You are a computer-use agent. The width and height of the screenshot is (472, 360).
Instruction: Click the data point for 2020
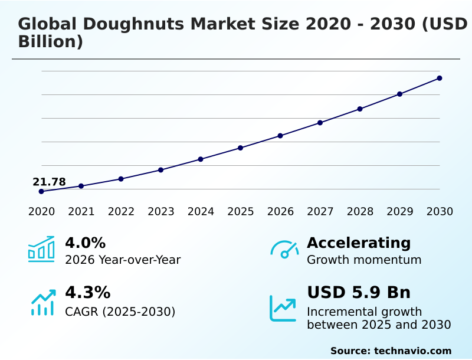point(41,191)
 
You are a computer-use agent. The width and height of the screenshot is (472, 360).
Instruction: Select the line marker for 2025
point(241,148)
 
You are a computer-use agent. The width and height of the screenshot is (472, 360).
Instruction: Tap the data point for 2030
point(440,78)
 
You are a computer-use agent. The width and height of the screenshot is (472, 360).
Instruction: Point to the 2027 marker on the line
point(320,123)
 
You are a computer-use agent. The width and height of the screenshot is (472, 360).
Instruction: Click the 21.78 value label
point(49,182)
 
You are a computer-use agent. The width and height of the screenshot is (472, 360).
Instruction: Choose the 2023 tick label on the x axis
point(161,212)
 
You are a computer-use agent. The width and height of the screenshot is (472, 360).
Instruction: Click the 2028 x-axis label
point(360,212)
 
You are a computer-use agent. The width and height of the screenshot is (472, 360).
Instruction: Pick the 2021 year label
point(81,212)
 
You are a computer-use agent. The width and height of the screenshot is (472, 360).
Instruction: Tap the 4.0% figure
point(85,243)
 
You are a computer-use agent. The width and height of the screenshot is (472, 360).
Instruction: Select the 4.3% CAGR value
point(87,293)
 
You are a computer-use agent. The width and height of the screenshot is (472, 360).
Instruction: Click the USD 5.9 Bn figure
point(359,293)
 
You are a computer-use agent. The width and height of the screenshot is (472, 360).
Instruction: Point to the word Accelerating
point(359,243)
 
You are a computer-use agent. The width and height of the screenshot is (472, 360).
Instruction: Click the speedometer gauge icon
point(284,249)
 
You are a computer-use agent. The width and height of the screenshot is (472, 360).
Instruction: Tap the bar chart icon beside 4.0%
point(41,249)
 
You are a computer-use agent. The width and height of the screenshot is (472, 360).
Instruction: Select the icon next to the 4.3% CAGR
point(42,302)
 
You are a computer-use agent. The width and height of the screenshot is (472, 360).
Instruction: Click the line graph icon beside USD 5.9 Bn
point(283,307)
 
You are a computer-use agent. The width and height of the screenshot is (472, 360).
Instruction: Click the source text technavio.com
point(412,351)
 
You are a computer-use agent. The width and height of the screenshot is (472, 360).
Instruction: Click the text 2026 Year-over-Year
point(123,260)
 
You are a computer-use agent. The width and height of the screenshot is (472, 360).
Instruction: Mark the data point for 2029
point(399,94)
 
